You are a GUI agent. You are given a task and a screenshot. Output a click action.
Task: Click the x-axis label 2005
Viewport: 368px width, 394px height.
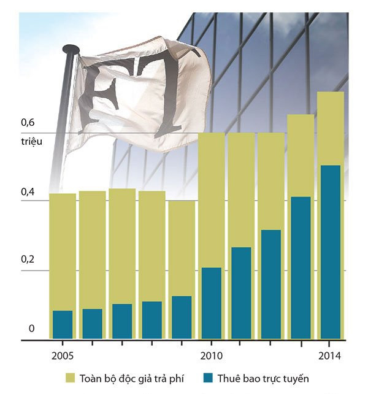[x=62, y=357]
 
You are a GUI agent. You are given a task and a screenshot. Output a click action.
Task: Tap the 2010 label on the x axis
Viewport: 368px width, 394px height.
[x=211, y=357]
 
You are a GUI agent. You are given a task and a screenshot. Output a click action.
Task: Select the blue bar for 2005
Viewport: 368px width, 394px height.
[x=62, y=324]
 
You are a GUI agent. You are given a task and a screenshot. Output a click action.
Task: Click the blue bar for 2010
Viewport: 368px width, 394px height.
[x=211, y=303]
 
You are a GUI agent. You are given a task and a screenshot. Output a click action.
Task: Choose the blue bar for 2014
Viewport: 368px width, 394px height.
[x=331, y=252]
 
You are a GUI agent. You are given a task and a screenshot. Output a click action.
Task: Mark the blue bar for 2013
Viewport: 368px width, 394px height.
[x=301, y=268]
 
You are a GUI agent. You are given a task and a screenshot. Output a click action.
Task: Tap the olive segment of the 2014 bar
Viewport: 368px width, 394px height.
[x=331, y=128]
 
